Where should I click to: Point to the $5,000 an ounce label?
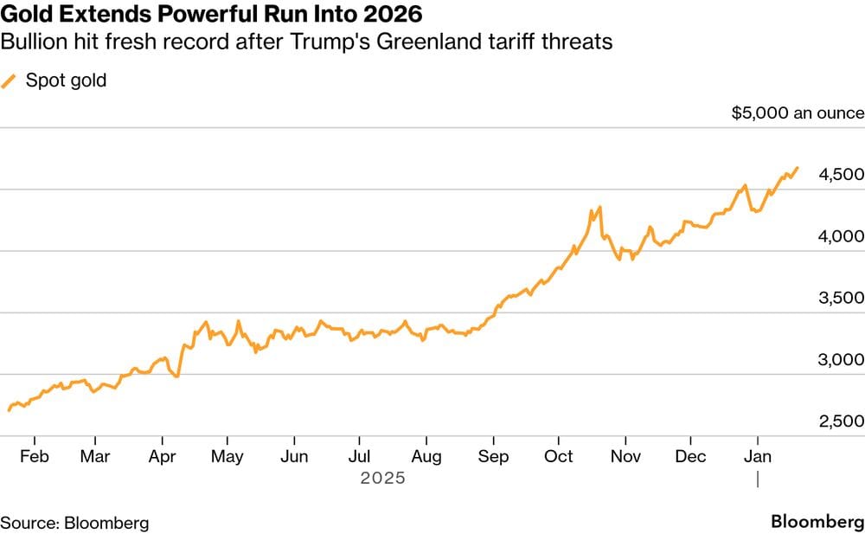coord(797,113)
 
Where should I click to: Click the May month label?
coord(227,456)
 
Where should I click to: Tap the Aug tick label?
coord(426,456)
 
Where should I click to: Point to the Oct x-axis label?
coord(560,456)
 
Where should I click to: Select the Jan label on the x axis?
coord(759,456)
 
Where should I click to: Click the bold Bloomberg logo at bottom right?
coord(817,523)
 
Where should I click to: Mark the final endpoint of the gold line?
coord(797,168)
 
